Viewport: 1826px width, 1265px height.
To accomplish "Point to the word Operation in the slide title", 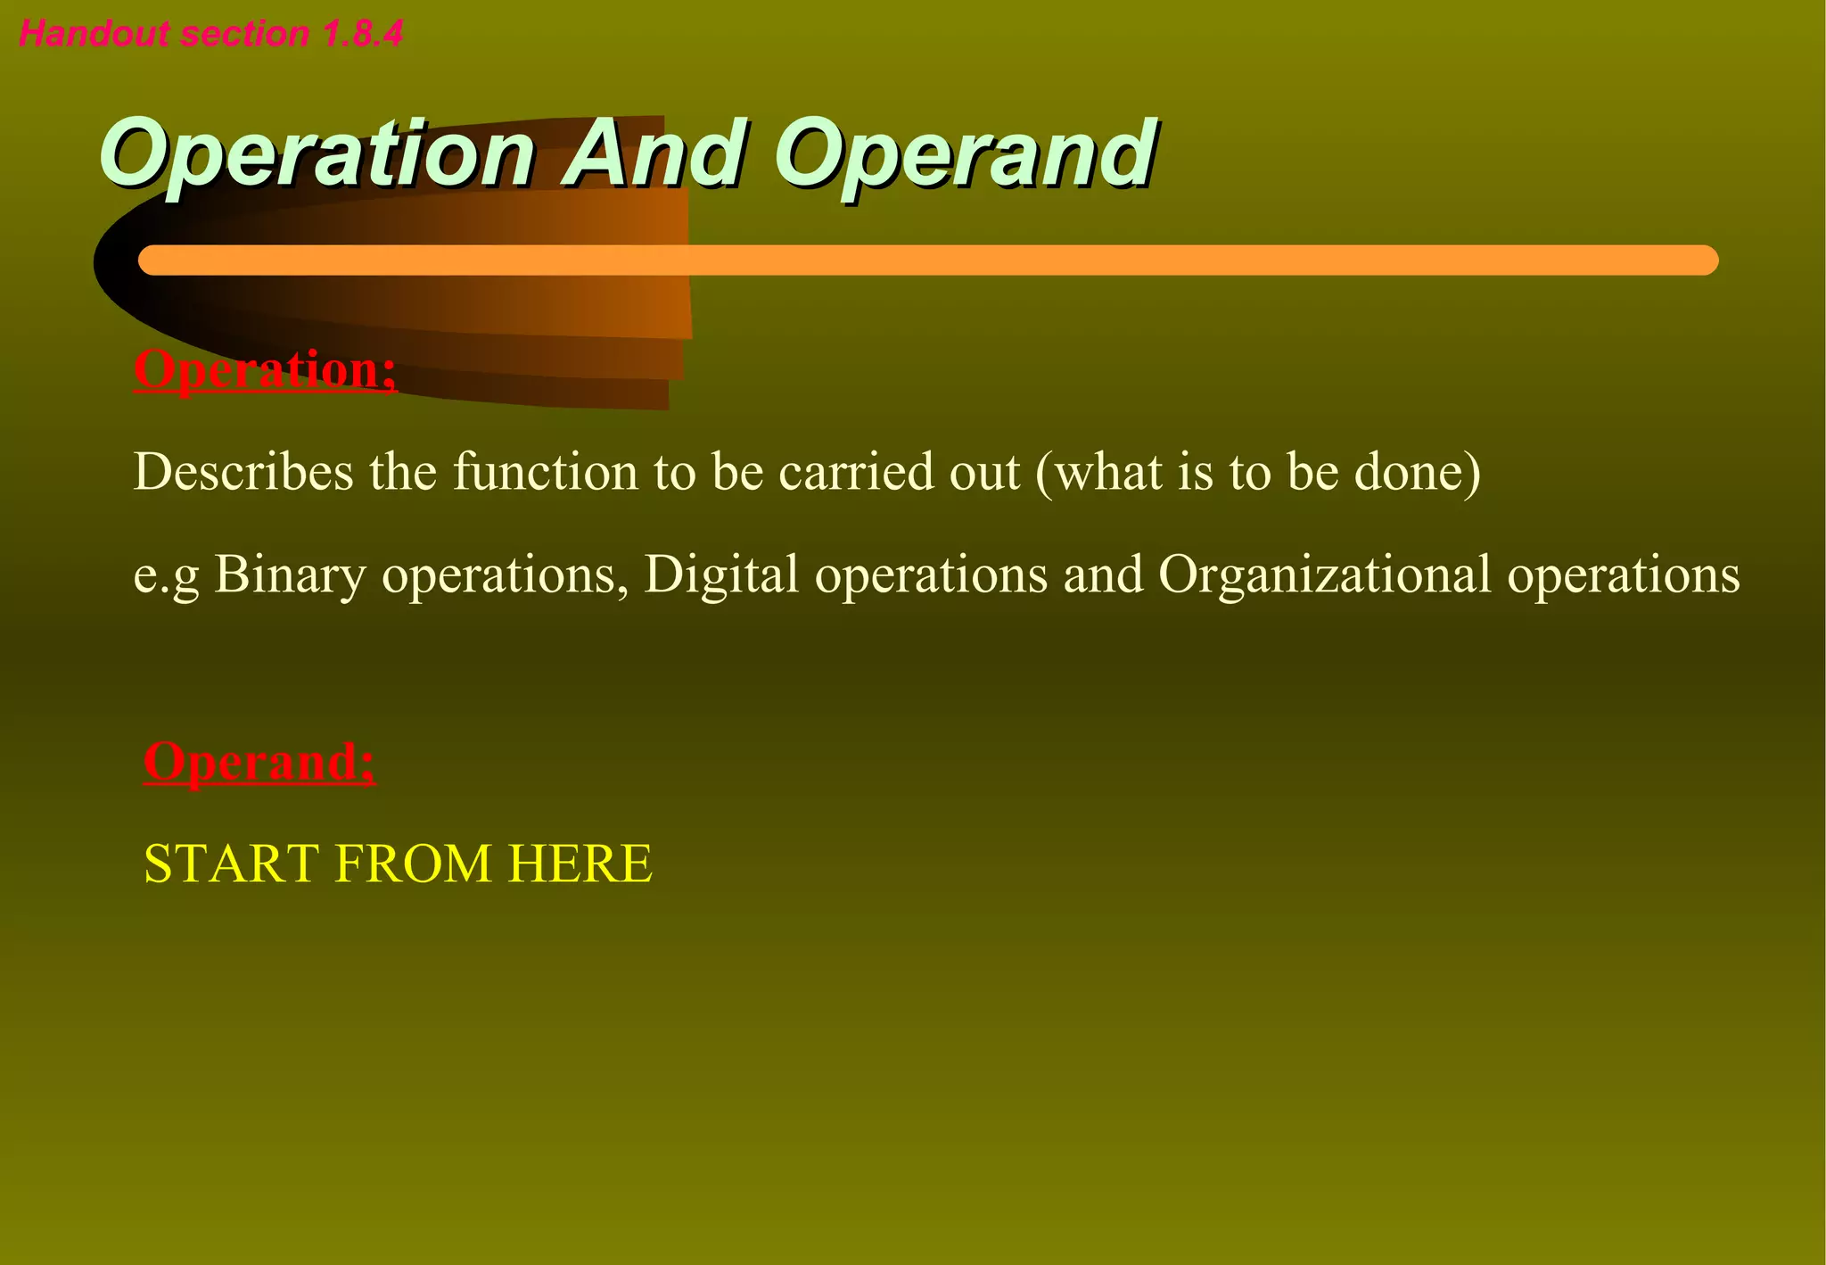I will pos(317,155).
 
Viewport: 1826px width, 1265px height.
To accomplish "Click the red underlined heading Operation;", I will pos(265,369).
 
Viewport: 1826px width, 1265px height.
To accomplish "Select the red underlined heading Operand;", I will pos(259,762).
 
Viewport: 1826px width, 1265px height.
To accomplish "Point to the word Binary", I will pos(290,574).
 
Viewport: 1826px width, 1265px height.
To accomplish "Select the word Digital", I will pos(720,574).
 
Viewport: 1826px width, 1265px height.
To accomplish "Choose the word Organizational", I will pos(1324,574).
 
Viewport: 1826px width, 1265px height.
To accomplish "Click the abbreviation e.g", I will pos(166,575).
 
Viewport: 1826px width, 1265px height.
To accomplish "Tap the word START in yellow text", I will pos(231,864).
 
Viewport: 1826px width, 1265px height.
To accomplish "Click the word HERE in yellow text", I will pos(580,864).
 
